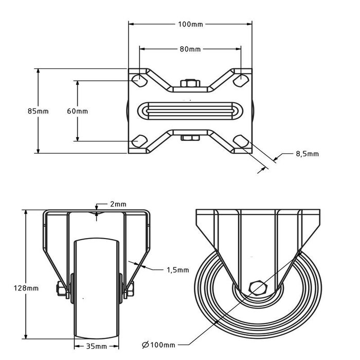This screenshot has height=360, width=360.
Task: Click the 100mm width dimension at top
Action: pos(190,24)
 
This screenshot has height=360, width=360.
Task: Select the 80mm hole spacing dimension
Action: pos(190,49)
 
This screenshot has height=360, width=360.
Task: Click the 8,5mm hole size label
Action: pos(307,154)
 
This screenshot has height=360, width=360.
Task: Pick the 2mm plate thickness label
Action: pos(118,204)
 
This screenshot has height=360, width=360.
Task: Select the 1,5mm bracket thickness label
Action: pos(178,269)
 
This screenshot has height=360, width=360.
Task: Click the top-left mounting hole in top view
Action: pos(138,80)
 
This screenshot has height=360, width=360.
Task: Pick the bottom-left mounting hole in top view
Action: pos(138,141)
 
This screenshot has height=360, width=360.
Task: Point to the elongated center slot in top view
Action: pos(190,111)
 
